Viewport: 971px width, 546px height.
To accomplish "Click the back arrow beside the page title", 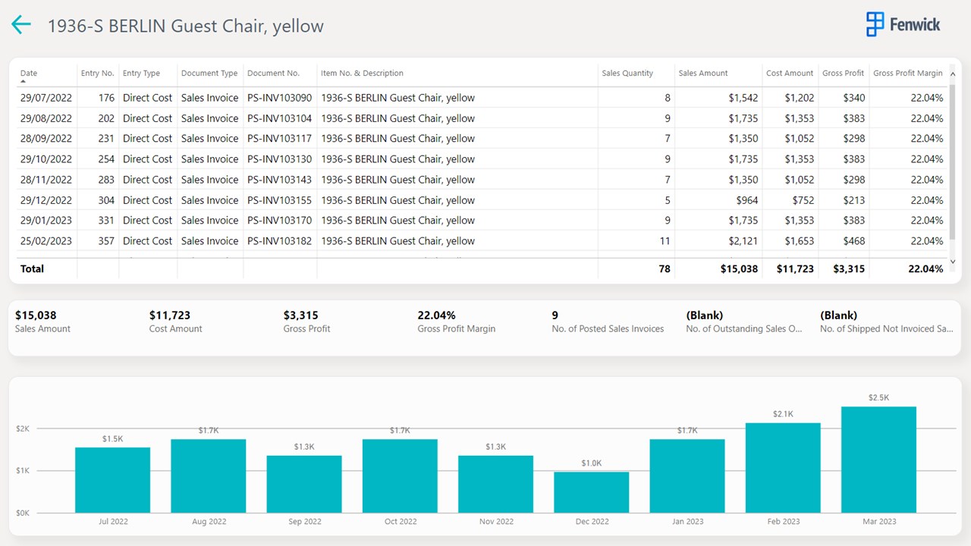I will [21, 25].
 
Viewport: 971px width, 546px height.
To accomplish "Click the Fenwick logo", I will [903, 24].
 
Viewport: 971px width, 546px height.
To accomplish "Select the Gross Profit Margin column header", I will [907, 74].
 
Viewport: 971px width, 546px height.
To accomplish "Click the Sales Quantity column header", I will [627, 74].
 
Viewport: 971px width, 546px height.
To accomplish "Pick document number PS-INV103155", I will [279, 200].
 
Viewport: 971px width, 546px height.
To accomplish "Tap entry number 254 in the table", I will [106, 159].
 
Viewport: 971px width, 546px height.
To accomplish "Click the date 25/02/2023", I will [46, 241].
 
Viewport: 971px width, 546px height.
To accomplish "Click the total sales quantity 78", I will [665, 268].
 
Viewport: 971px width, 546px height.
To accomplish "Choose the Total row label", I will [33, 268].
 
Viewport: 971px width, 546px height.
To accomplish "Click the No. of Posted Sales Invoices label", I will [608, 329].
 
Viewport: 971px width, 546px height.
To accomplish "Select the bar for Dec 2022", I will [592, 492].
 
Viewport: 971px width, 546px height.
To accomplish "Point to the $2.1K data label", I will [783, 414].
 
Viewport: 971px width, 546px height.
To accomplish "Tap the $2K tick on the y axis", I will [23, 428].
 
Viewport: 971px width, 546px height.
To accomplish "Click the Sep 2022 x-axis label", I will [305, 522].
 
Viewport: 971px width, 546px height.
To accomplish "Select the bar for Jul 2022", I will [113, 479].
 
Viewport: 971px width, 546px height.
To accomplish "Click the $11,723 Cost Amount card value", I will [170, 315].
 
